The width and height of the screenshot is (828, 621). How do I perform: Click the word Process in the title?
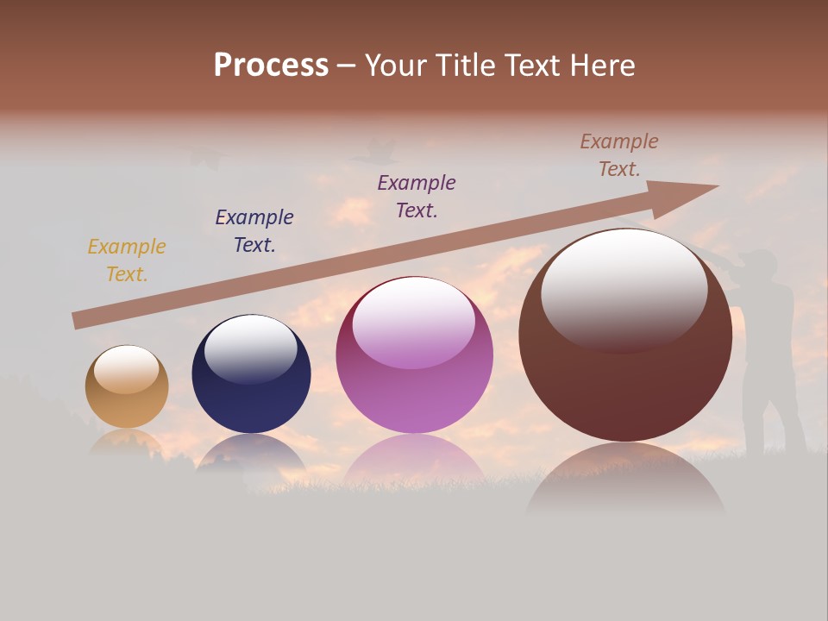271,66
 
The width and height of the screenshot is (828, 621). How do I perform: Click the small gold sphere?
127,386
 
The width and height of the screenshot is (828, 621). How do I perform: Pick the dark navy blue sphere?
251,374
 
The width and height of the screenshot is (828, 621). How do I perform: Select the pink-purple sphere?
414,355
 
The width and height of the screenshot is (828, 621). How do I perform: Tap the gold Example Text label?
126,260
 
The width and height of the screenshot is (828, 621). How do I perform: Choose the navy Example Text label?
254,231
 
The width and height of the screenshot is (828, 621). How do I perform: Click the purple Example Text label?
417,197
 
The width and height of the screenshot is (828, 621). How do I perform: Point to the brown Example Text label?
619,155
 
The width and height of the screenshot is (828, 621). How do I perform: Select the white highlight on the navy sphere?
250,348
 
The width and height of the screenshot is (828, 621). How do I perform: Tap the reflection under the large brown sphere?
625,479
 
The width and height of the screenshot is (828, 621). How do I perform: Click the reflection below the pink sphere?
414,459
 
